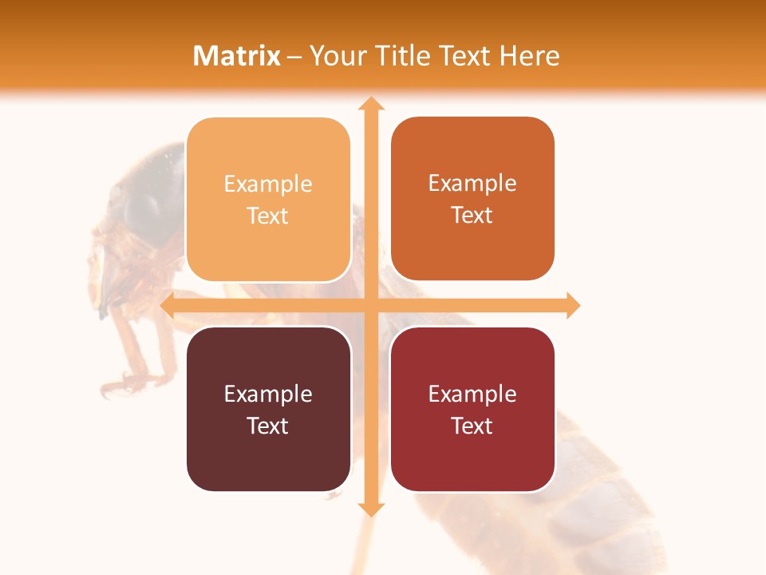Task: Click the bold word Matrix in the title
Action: pyautogui.click(x=237, y=56)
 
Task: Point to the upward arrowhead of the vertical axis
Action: pyautogui.click(x=370, y=103)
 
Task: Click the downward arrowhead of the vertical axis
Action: pyautogui.click(x=370, y=509)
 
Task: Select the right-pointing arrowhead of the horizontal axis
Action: pyautogui.click(x=572, y=305)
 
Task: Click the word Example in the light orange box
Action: pyautogui.click(x=268, y=184)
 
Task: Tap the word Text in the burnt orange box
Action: pyautogui.click(x=472, y=216)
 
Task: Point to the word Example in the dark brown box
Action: pyautogui.click(x=268, y=395)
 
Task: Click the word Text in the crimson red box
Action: pyautogui.click(x=472, y=426)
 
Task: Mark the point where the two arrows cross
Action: pyautogui.click(x=370, y=305)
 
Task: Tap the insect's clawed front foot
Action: pyautogui.click(x=120, y=383)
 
